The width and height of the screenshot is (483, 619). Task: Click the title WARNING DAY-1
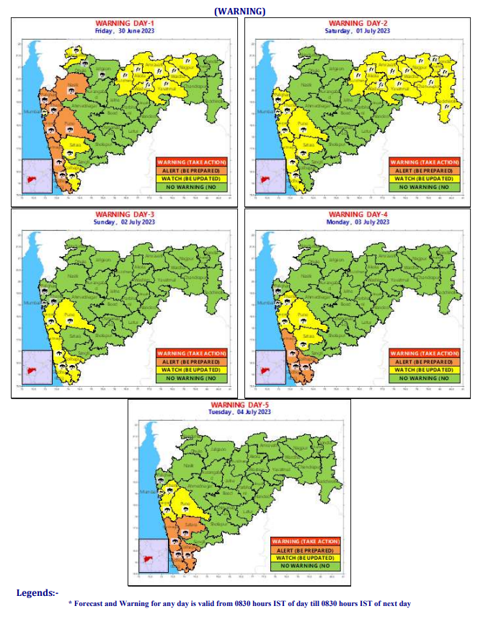point(125,23)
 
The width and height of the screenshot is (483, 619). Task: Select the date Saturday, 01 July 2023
point(358,30)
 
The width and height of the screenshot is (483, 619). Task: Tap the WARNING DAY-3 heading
point(125,215)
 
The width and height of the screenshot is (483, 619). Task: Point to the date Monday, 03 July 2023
point(358,222)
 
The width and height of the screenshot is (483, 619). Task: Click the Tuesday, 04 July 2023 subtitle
point(240,412)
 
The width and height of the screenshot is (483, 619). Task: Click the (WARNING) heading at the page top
point(240,10)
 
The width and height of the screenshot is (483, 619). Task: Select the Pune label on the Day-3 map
point(69,315)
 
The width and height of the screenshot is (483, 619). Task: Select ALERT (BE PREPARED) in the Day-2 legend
point(425,170)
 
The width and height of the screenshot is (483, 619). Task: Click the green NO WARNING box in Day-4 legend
point(425,377)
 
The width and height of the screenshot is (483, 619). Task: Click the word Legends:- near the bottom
point(37,593)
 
